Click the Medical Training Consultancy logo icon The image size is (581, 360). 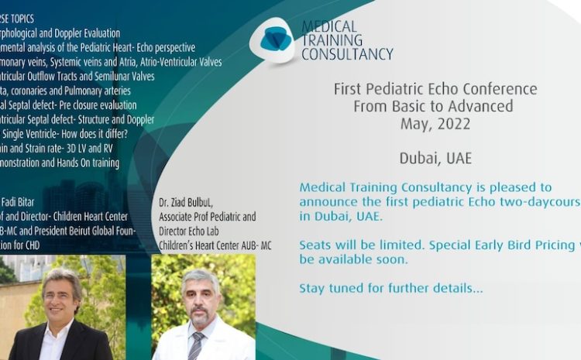point(273,39)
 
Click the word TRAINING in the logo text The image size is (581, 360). point(332,40)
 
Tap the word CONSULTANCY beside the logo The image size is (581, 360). point(347,54)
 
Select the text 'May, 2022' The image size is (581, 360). point(435,123)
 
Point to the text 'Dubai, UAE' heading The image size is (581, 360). point(435,158)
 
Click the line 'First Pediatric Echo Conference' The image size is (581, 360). point(435,89)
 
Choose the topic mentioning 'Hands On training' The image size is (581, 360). point(58,163)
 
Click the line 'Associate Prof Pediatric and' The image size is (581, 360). point(207,218)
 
